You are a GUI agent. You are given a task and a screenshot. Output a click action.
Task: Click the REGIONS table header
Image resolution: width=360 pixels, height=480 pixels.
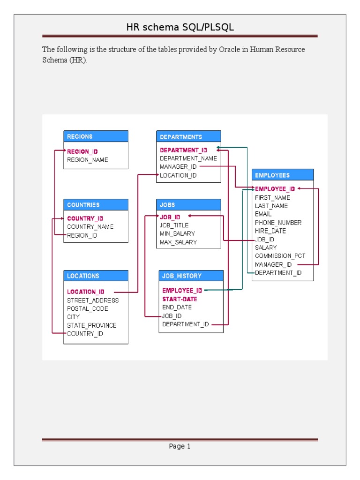point(96,136)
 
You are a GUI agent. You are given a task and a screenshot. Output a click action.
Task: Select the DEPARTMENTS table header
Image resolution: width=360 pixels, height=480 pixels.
point(188,137)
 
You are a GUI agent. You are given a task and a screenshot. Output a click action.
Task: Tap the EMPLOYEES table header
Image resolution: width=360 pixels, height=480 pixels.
point(283,175)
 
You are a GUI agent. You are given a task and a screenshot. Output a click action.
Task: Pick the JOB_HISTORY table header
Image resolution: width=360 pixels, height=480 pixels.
point(191,276)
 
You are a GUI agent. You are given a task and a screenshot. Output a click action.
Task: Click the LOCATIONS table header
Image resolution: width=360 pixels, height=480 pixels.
point(96,276)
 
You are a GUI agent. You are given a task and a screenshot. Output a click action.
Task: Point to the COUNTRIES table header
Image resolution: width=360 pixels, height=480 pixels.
point(96,205)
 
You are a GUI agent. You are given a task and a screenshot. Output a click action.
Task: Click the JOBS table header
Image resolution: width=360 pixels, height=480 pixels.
point(188,205)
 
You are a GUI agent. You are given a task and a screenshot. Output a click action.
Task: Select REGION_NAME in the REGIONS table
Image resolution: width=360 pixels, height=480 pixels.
point(88,160)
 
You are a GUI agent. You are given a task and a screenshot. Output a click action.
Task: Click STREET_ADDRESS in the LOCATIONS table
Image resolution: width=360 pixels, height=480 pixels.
point(93,300)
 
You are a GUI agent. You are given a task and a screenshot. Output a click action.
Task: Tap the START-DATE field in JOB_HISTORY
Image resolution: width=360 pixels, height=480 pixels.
point(180,299)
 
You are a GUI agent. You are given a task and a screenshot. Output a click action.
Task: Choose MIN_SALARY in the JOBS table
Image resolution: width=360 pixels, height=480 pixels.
point(177,233)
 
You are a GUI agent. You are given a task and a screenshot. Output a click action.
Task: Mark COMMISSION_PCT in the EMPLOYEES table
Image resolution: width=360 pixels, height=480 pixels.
point(280,256)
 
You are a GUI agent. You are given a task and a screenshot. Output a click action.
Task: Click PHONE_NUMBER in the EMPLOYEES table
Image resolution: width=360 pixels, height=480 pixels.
point(278,223)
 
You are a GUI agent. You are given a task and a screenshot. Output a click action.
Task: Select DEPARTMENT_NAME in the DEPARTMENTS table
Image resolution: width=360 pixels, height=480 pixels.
point(188,158)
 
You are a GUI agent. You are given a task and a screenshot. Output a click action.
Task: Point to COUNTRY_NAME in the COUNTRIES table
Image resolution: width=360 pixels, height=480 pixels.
point(90,227)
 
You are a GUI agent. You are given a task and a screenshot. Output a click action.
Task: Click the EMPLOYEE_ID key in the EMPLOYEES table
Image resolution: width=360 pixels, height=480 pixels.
point(275,189)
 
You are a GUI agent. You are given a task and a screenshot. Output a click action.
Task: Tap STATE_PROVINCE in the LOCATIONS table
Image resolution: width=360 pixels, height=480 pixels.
point(92,325)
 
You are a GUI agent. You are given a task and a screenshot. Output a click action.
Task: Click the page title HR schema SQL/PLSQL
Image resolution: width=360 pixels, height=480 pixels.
point(180,27)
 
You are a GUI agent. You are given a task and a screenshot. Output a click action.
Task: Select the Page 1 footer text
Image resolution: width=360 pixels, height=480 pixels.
point(180,446)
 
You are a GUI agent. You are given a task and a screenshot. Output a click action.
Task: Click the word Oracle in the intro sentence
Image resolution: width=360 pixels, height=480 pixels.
point(230,50)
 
